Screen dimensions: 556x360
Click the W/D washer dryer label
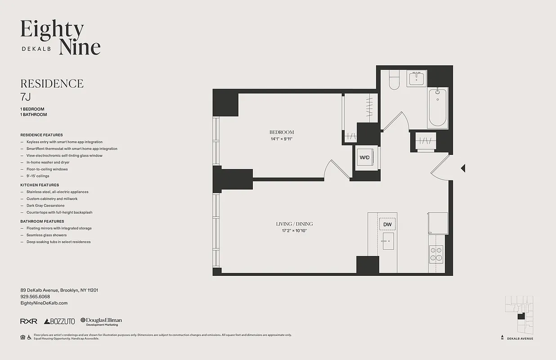pos(364,158)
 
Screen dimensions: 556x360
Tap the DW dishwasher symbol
pos(387,224)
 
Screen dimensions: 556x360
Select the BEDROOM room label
pos(282,132)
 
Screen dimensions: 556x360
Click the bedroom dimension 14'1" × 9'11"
pos(282,139)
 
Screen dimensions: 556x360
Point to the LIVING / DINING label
pos(294,224)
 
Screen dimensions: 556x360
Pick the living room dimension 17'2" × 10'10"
pos(294,231)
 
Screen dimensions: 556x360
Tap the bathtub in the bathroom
pos(437,108)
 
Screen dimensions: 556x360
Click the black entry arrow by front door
pos(463,168)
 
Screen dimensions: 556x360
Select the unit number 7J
pos(26,96)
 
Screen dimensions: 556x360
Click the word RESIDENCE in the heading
pos(52,84)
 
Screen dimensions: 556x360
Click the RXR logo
pos(28,321)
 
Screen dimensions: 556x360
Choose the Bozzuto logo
pos(59,321)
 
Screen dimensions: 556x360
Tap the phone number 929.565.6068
pos(35,297)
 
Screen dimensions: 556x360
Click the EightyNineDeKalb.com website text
pos(44,303)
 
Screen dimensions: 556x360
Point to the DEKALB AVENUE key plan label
pos(520,338)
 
